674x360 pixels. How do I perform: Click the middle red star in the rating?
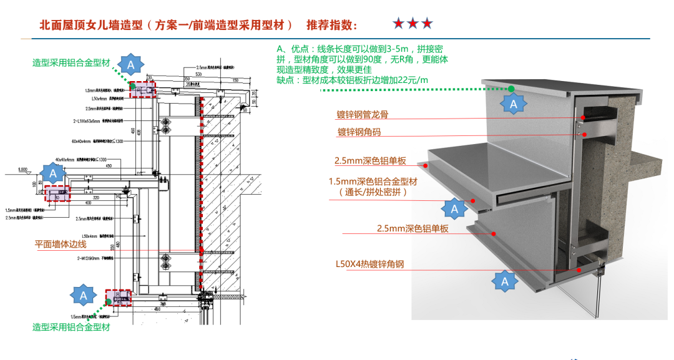(x=413, y=24)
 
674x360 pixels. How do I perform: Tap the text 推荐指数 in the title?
(x=331, y=25)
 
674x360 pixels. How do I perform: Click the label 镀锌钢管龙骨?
(x=366, y=115)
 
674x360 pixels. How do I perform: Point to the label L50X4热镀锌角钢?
(x=369, y=264)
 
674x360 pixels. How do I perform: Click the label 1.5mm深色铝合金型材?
(x=371, y=182)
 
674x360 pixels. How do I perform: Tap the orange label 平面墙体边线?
(x=60, y=245)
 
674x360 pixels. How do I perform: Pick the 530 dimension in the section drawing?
(x=198, y=74)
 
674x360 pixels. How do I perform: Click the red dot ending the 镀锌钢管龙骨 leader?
(x=583, y=117)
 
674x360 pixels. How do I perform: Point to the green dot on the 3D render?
(x=511, y=89)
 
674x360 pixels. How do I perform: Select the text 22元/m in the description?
(x=412, y=79)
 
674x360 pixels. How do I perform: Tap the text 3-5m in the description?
(x=398, y=49)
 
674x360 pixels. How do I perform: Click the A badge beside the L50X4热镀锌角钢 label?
(x=505, y=282)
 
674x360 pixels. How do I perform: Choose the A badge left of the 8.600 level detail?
(x=53, y=173)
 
